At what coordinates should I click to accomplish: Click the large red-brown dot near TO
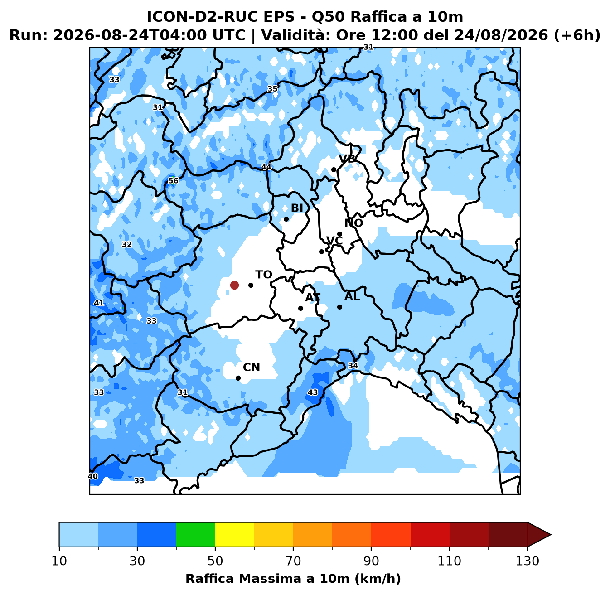pos(234,285)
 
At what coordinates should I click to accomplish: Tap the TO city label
pos(264,275)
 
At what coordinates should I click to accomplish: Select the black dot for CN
pos(238,378)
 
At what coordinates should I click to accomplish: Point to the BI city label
pos(297,208)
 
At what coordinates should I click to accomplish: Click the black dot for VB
pos(334,169)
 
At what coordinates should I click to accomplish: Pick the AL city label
pos(352,296)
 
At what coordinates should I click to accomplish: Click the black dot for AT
pos(300,308)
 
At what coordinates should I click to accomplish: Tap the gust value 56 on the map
pos(173,180)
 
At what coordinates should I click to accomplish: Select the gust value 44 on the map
pos(266,167)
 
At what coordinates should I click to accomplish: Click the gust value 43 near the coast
pos(313,392)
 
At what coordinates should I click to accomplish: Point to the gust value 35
pos(272,89)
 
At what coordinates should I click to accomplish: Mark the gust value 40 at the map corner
pos(93,476)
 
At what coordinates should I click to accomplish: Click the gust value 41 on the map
pos(99,303)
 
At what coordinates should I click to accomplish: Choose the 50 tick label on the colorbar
pos(215,561)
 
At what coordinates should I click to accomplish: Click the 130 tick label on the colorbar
pos(527,561)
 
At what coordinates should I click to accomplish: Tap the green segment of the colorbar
pos(196,534)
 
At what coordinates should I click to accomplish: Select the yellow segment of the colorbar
pos(235,534)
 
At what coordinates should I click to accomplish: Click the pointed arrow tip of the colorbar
pos(551,534)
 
